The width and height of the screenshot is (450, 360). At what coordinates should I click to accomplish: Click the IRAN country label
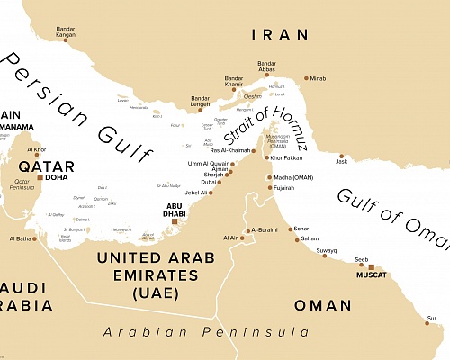[x=280, y=35]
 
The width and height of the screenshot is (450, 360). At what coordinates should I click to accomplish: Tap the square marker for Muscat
[x=372, y=267]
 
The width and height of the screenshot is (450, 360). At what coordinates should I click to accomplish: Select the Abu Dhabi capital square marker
[x=175, y=220]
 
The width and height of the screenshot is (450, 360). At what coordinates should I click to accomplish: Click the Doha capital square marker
[x=40, y=177]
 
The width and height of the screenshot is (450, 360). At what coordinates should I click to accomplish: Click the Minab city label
[x=319, y=78]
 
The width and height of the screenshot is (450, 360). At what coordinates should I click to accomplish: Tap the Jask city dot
[x=340, y=155]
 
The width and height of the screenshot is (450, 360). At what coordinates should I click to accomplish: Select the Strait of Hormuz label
[x=274, y=126]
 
